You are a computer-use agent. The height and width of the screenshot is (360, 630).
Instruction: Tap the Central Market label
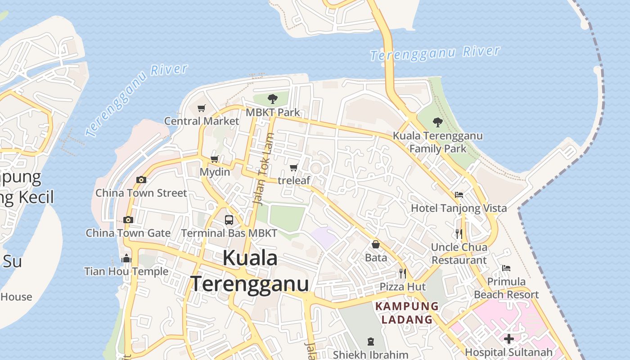click(202, 121)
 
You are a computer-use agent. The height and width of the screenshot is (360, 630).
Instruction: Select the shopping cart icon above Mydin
click(215, 159)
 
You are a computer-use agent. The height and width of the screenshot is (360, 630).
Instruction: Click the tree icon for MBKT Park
click(272, 99)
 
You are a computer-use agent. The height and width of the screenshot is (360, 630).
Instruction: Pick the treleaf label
click(294, 180)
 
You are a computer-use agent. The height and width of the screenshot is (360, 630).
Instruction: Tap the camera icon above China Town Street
click(141, 180)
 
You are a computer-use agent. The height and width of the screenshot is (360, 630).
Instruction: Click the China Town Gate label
click(128, 233)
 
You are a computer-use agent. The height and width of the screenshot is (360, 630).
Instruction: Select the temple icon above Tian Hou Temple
click(126, 258)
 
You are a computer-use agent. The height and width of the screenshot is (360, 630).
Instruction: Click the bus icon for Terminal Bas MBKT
click(229, 220)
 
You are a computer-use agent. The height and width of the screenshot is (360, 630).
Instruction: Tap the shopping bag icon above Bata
click(376, 244)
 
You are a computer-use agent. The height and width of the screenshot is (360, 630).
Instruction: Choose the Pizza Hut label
click(403, 287)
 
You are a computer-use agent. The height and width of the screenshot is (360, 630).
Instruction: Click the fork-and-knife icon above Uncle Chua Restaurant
click(459, 234)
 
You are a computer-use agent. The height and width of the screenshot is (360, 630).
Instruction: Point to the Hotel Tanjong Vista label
click(459, 208)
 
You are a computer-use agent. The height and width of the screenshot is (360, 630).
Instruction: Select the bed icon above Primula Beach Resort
click(506, 268)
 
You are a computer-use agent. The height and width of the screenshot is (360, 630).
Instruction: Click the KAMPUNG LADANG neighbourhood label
click(407, 313)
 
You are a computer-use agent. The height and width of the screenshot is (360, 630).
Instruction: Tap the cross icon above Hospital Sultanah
click(509, 339)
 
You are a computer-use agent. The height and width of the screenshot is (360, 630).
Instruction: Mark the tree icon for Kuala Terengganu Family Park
click(437, 122)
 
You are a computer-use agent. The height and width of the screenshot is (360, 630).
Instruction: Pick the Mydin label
click(215, 172)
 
